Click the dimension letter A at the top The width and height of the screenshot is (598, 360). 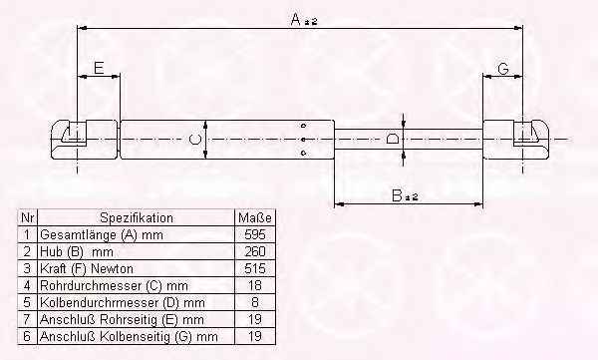pos(296,19)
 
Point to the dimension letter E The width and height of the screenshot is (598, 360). pos(99,68)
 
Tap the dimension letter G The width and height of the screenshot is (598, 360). pos(503,69)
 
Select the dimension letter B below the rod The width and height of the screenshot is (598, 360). pos(397,195)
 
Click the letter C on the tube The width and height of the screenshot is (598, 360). pos(195,139)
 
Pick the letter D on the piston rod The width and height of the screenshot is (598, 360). pos(392,139)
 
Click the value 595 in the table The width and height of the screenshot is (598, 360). pos(255,234)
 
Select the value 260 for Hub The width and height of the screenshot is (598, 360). pos(255,251)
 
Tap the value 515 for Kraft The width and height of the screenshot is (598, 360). pos(255,268)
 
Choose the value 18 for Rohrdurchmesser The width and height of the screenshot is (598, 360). pos(255,285)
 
